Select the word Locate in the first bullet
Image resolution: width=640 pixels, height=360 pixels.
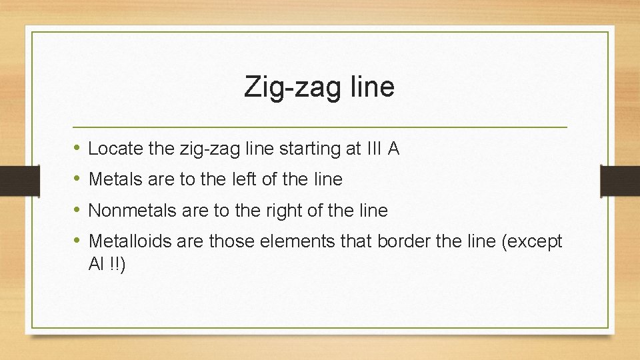[x=115, y=149]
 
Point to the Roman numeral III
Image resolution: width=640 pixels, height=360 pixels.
[x=373, y=149]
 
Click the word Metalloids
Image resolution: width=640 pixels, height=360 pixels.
[x=130, y=241]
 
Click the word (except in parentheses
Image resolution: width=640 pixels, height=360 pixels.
[x=531, y=241]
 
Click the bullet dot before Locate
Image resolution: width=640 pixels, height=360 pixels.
[x=77, y=148]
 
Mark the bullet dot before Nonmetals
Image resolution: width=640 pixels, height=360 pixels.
[x=77, y=210]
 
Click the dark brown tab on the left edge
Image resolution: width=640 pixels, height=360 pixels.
[x=11, y=180]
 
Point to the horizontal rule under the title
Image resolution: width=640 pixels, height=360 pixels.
[x=320, y=127]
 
